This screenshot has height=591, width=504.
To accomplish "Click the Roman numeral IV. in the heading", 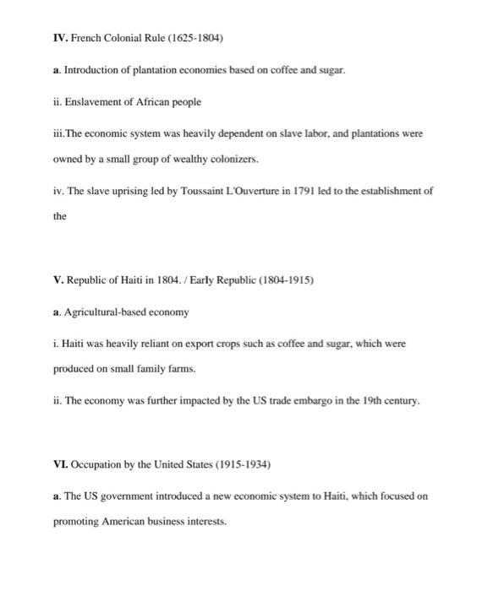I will (x=60, y=39).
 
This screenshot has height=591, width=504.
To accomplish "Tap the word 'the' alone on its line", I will (x=59, y=216).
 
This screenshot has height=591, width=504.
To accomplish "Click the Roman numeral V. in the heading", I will (x=58, y=280).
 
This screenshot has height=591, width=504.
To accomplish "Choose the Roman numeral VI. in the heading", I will (x=60, y=465).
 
